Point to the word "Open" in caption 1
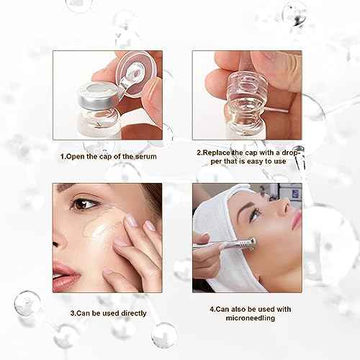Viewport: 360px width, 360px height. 75,155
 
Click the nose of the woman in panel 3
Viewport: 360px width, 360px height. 59,238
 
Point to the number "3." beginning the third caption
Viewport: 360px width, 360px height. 73,314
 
